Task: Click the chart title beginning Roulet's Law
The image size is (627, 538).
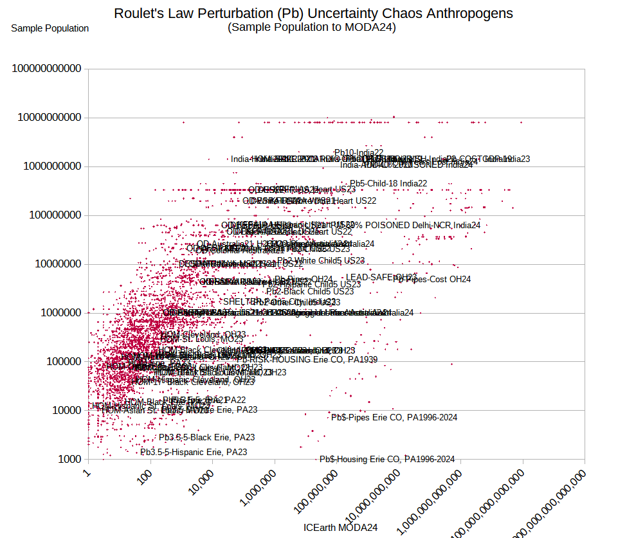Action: click(313, 13)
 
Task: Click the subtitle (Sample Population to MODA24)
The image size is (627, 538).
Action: click(312, 27)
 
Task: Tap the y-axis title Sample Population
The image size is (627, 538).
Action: click(50, 28)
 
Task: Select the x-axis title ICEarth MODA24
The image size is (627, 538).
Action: click(340, 527)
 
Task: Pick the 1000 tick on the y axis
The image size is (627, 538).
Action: click(69, 459)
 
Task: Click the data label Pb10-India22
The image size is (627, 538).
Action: click(359, 153)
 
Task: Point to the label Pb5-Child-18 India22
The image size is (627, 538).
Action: click(388, 183)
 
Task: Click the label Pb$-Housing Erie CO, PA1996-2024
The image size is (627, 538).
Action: click(387, 459)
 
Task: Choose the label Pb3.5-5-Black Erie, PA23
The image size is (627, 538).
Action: click(207, 437)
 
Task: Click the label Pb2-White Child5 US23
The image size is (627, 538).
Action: click(320, 260)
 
